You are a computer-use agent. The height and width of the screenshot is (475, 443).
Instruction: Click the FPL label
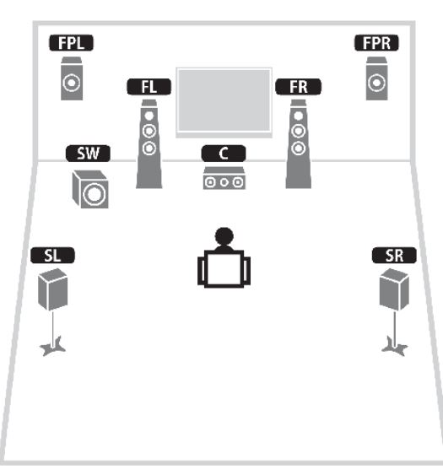[x=71, y=43]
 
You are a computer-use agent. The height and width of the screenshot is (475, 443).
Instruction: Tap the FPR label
[x=376, y=43]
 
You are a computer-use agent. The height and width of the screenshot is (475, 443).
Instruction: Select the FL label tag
[x=149, y=87]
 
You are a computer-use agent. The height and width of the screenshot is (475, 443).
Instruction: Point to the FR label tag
[x=298, y=87]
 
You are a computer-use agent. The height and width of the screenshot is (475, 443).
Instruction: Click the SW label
[x=88, y=154]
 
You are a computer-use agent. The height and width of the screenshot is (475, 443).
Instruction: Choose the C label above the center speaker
[x=224, y=154]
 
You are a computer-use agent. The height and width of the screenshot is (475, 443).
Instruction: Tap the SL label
[x=52, y=256]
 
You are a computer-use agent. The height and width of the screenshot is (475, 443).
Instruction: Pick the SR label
[x=394, y=256]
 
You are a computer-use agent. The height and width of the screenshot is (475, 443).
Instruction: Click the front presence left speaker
[x=72, y=78]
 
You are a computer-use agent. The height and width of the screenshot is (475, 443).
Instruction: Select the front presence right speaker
[x=376, y=78]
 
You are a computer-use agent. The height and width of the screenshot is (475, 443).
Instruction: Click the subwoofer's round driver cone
[x=95, y=194]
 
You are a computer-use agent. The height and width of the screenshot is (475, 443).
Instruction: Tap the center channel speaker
[x=224, y=178]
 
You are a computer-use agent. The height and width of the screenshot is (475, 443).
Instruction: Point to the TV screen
[x=224, y=100]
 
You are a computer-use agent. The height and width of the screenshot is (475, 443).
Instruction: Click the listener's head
[x=224, y=236]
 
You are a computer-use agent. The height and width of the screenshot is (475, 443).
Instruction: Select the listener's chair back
[x=224, y=269]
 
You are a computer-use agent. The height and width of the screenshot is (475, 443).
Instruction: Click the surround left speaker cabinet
[x=52, y=289]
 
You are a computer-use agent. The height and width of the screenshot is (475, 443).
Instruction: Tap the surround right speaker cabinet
[x=394, y=289]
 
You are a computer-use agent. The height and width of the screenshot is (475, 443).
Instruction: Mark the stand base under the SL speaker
[x=53, y=347]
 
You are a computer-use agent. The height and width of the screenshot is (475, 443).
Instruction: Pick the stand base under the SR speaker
[x=395, y=347]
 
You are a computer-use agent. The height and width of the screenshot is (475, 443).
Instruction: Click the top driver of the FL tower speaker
[x=149, y=116]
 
